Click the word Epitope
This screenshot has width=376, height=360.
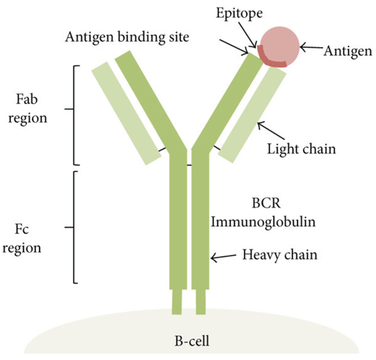(239, 13)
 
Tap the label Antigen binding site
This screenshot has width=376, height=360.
(127, 37)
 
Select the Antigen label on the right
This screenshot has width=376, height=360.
(348, 51)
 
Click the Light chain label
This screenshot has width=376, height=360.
(301, 148)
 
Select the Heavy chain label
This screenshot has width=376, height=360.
(280, 255)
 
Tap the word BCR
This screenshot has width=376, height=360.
(266, 204)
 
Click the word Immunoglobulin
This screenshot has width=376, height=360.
(263, 222)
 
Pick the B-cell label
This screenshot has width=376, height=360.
(192, 341)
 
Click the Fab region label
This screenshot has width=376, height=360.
(28, 108)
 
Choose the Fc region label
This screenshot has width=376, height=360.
(22, 239)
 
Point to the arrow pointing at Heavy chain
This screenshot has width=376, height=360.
(223, 257)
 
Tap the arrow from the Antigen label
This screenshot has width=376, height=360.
(311, 47)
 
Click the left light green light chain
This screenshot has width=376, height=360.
(126, 113)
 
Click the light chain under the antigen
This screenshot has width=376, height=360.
(252, 115)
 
